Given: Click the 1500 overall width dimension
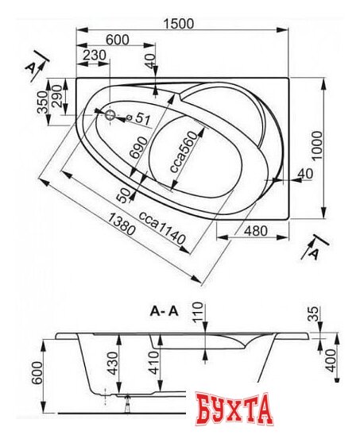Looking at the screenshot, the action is tap(178, 24).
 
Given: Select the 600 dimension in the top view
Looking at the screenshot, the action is tap(118, 40).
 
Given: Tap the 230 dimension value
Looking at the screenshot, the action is tap(95, 56).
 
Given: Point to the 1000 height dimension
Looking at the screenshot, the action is tap(316, 145).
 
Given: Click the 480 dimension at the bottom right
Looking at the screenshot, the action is tap(256, 230).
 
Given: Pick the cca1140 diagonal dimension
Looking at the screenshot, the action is tap(162, 228).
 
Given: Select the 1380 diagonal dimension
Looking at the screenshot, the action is tap(122, 224).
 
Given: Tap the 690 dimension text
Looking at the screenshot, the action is tap(140, 147).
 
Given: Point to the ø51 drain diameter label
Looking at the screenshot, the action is tap(138, 118).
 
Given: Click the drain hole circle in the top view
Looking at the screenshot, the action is tap(110, 114).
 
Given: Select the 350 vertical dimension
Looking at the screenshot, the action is tap(43, 102).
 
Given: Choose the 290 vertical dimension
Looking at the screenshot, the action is tap(56, 96).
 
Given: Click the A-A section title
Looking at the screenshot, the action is tap(164, 311).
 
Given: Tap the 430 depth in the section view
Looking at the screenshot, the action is tap(113, 364).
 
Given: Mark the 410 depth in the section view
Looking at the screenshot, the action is tap(153, 363).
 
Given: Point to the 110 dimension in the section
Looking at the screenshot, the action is tap(198, 313).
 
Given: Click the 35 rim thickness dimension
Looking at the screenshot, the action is tap(314, 314).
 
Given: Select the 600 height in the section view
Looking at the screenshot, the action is tap(37, 373).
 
